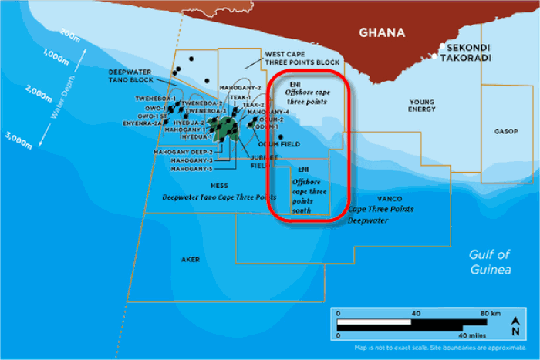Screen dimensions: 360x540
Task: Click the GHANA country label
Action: click(x=383, y=32)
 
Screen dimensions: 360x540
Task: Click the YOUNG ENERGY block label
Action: click(x=421, y=106)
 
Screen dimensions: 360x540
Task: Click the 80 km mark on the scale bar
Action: click(x=491, y=314)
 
